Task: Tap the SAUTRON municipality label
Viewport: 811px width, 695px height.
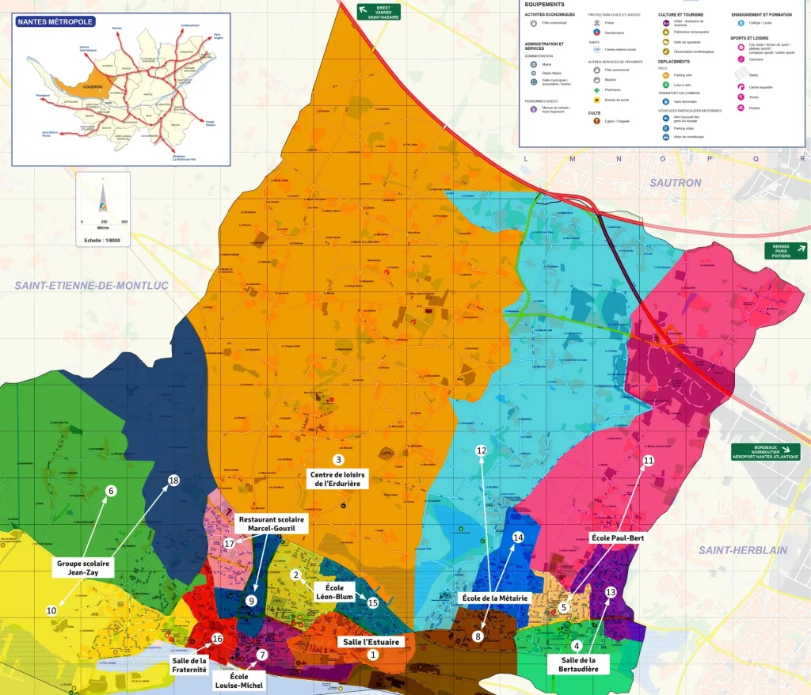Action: coord(675,183)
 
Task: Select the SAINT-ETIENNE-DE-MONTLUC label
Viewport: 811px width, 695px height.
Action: coord(91,286)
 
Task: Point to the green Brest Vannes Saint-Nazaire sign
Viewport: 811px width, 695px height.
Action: coord(378,11)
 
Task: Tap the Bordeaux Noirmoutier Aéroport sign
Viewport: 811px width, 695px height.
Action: coord(765,452)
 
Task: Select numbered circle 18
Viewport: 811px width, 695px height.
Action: coord(173,480)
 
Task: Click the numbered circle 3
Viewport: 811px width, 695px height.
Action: coord(338,460)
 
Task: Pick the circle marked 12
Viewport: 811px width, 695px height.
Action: coord(481,450)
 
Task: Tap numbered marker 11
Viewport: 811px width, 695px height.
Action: coord(648,461)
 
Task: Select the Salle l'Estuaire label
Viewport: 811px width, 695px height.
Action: coord(370,641)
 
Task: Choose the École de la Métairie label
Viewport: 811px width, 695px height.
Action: coord(496,598)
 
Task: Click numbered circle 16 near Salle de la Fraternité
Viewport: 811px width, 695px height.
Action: coord(217,639)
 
